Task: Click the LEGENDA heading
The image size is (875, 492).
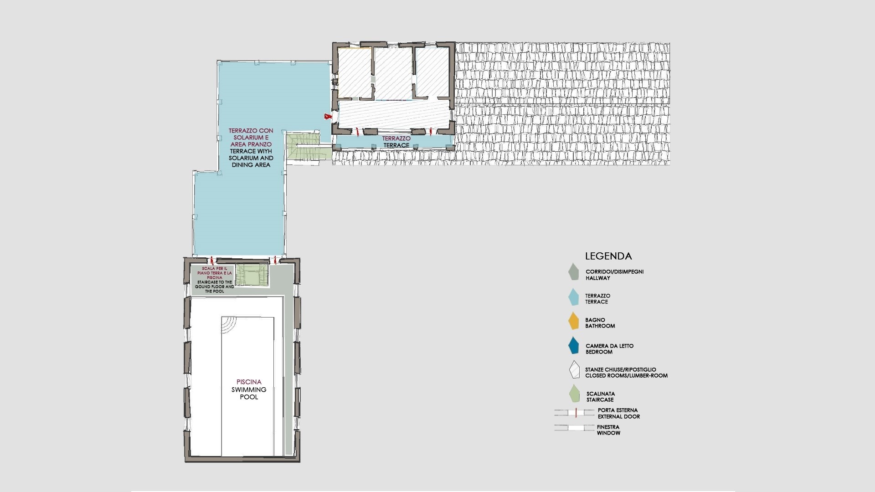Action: (608, 256)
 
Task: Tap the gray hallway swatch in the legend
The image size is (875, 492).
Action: (573, 272)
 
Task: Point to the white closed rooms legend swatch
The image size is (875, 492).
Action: (574, 370)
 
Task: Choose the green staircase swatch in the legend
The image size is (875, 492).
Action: (574, 394)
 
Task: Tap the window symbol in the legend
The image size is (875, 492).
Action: (574, 428)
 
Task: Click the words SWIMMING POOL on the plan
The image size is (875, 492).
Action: (249, 393)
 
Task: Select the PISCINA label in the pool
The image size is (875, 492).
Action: (249, 382)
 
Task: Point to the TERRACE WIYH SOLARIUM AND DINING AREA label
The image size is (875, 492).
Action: (251, 158)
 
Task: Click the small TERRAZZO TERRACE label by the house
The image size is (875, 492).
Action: (396, 142)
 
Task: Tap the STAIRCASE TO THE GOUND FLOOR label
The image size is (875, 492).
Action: (215, 287)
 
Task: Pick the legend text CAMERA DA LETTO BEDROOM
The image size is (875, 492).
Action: (609, 349)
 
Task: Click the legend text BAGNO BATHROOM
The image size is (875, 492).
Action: (600, 323)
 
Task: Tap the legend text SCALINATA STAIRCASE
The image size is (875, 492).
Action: (601, 397)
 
